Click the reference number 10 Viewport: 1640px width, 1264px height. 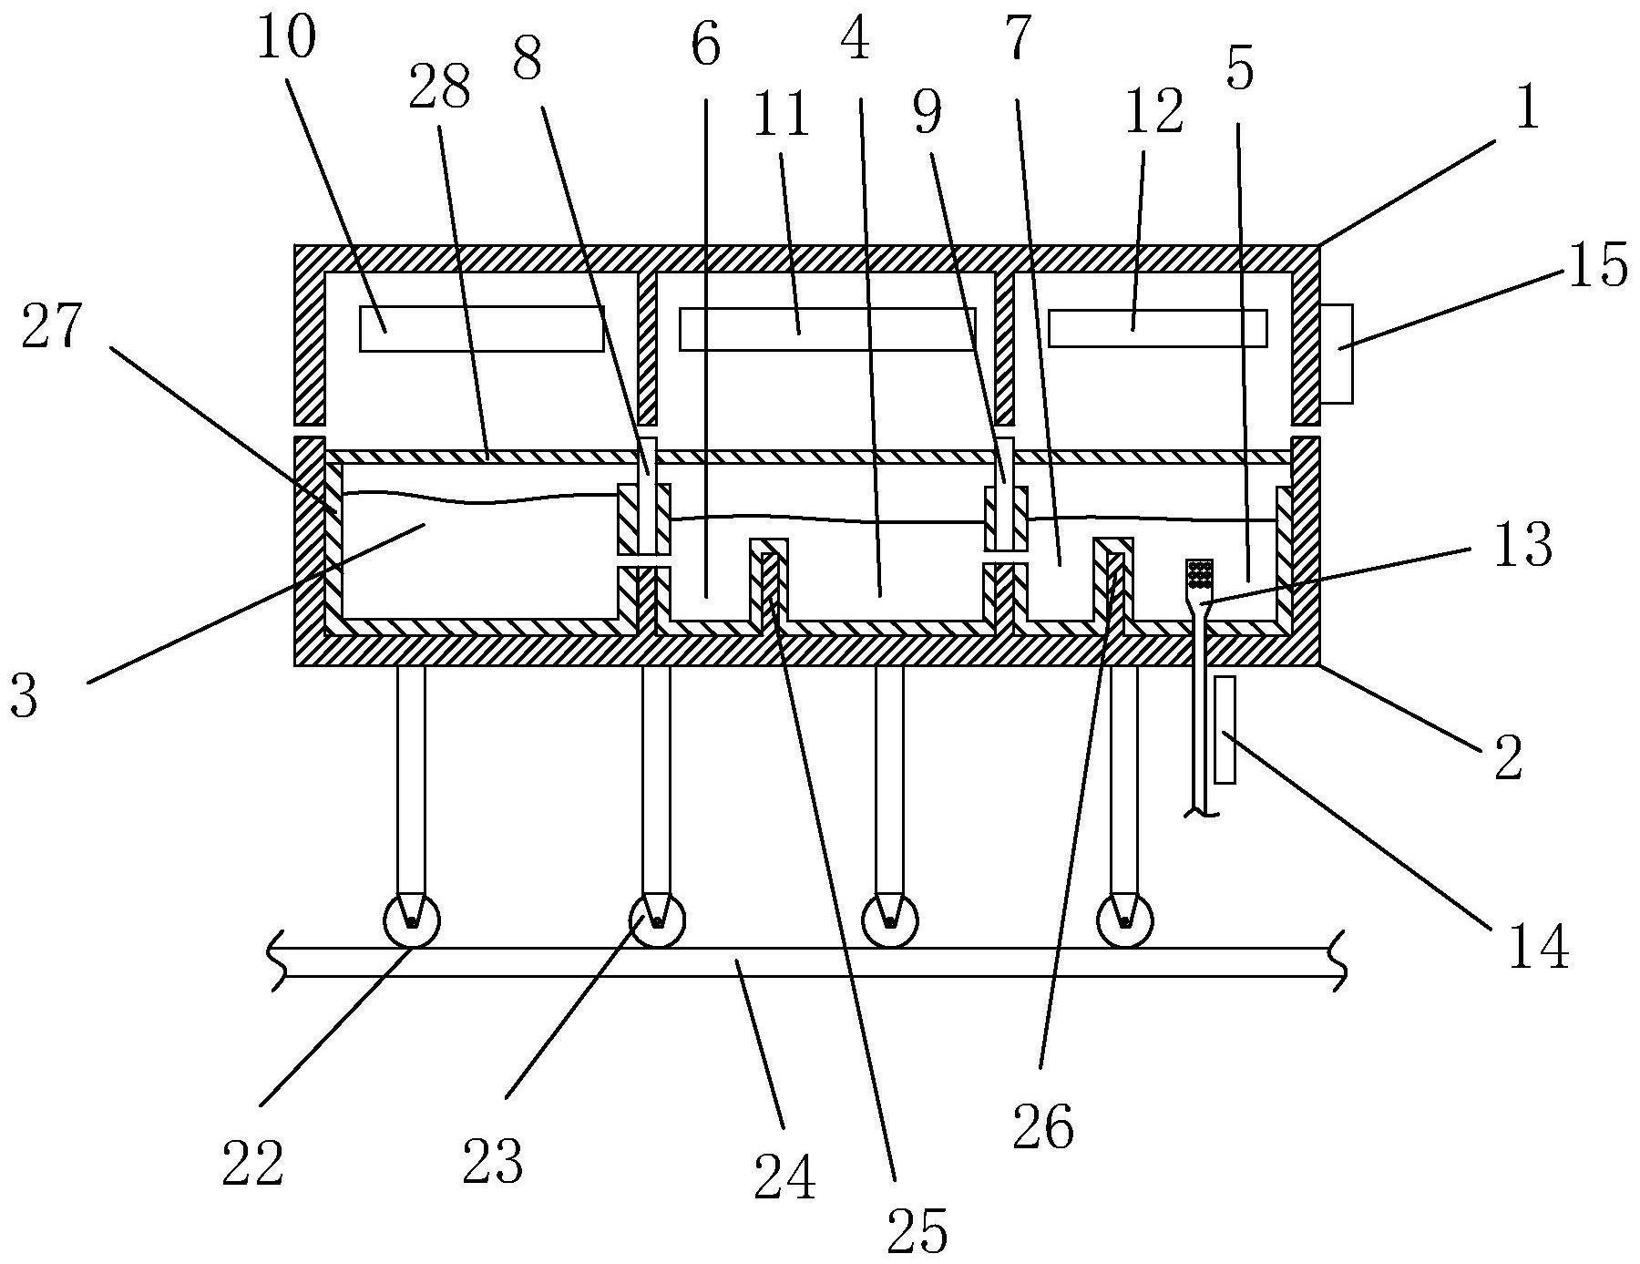point(285,36)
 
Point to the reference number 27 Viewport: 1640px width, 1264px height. point(52,325)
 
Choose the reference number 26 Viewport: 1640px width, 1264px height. point(1043,1127)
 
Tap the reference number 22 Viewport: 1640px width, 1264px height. point(251,1163)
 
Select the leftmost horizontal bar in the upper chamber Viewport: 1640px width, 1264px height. point(481,328)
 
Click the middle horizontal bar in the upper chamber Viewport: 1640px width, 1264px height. point(827,329)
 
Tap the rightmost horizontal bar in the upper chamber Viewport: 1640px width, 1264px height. point(1157,328)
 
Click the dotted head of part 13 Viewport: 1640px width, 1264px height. point(1199,575)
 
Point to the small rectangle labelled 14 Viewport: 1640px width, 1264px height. point(1225,729)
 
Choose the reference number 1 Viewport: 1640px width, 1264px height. point(1526,108)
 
